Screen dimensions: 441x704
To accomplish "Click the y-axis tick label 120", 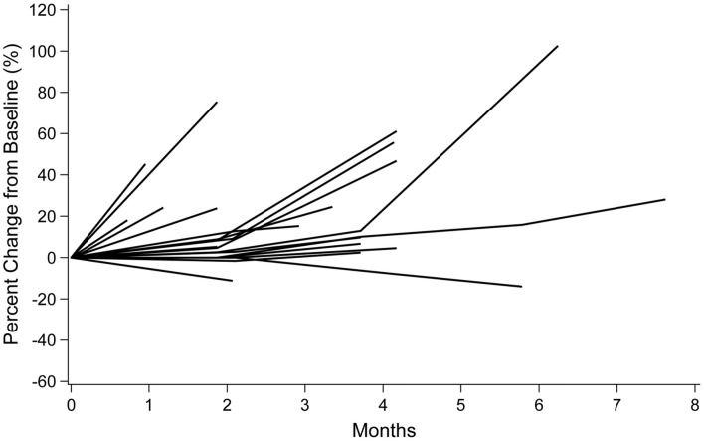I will coord(44,10).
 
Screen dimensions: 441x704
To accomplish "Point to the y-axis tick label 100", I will coord(44,51).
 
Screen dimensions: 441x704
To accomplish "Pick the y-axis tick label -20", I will coord(45,299).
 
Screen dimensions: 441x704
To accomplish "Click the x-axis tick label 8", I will coord(694,406).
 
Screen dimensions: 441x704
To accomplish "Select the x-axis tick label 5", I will coord(460,406).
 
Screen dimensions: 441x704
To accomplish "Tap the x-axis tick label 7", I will coord(616,406).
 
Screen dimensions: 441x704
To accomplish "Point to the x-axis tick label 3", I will coord(304,406).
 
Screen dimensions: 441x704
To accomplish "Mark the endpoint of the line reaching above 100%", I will coord(558,46).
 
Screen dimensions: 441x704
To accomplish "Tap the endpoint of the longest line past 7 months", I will coord(665,199).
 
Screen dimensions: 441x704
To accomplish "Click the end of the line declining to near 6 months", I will coord(522,287).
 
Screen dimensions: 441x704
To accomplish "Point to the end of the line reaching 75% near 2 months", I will coord(217,102).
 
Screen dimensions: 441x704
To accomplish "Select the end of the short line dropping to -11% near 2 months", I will coord(232,281).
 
